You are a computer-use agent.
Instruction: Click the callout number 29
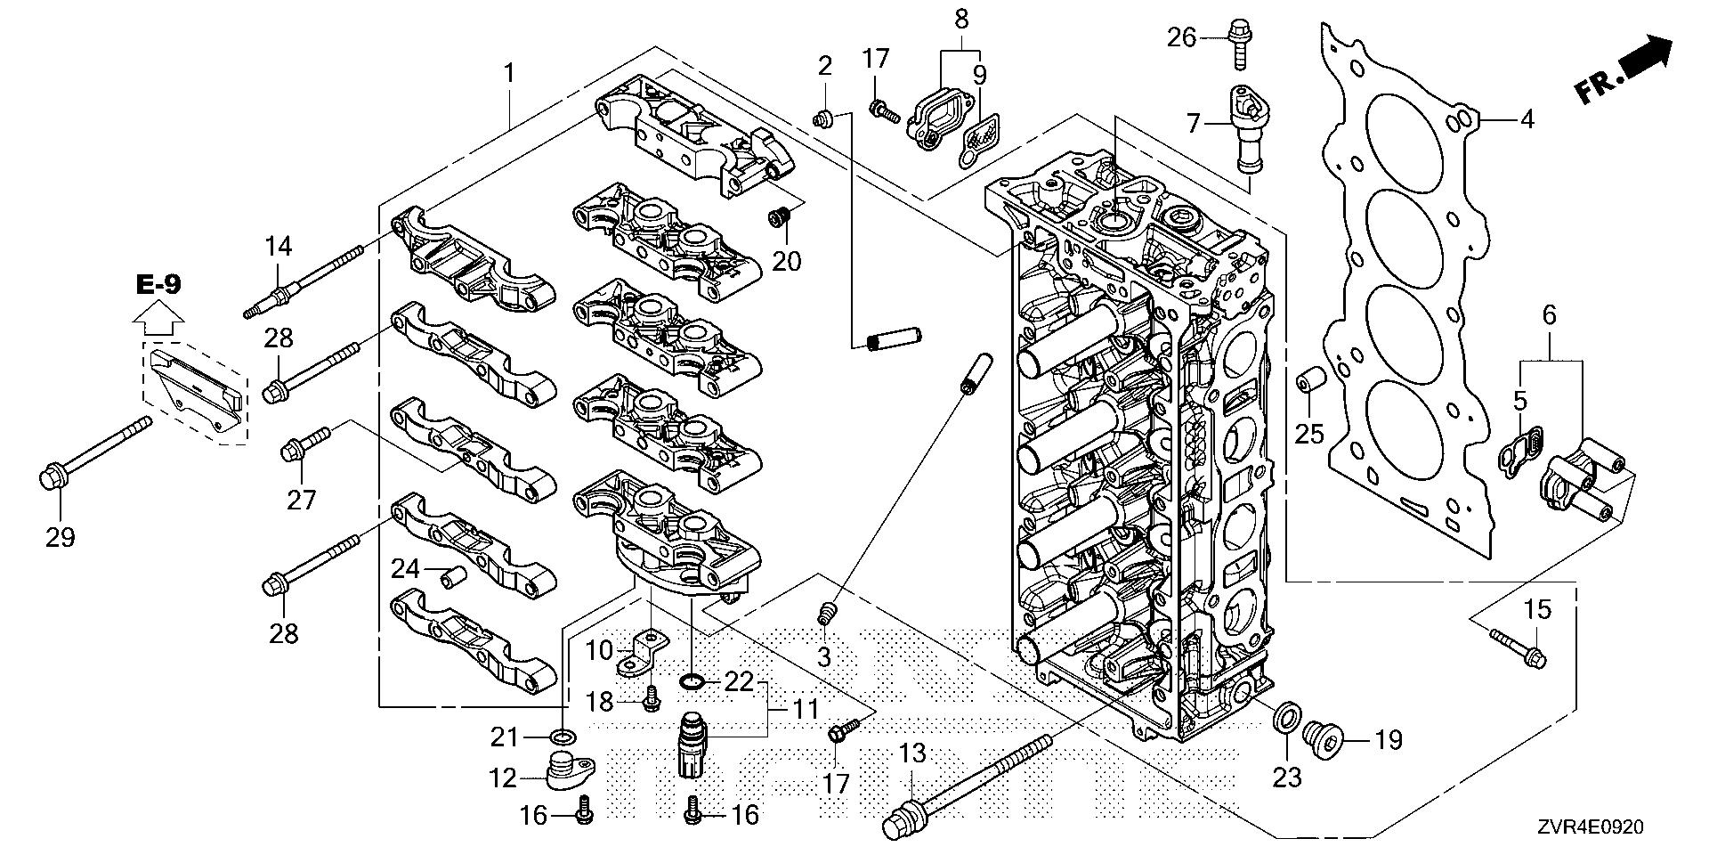(61, 537)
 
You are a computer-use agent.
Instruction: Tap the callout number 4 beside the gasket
(1527, 119)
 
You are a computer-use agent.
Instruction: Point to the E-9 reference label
(159, 285)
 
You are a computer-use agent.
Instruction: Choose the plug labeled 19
(1322, 737)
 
